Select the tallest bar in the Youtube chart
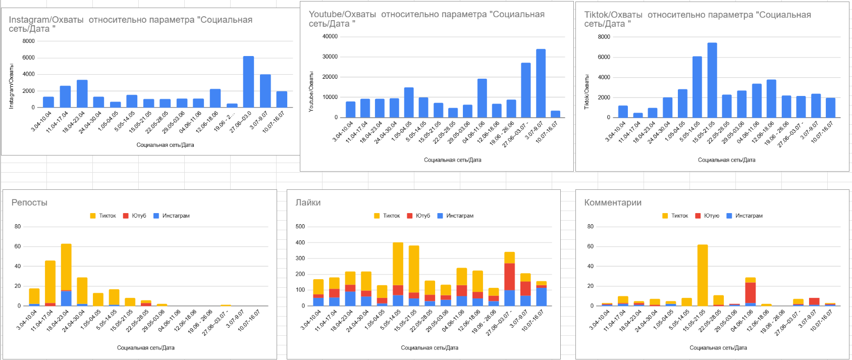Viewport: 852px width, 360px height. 541,83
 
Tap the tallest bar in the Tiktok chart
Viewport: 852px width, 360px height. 712,80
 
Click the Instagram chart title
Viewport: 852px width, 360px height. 130,24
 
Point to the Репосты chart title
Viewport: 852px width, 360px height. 29,202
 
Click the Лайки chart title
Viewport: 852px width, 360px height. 308,202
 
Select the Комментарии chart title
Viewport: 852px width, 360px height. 613,202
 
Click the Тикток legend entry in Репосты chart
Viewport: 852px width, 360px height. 103,216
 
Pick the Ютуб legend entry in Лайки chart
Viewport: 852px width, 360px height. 418,216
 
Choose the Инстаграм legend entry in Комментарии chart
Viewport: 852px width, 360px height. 744,216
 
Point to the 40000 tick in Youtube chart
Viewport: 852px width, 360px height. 330,36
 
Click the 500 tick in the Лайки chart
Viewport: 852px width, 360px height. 300,226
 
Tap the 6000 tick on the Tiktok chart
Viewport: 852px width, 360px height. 604,57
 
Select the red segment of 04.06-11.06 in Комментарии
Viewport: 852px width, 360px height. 751,292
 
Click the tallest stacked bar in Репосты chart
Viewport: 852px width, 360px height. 66,268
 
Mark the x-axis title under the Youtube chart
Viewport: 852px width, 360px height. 452,160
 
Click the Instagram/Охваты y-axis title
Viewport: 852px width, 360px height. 12,86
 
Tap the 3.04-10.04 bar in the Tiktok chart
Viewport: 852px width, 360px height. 623,112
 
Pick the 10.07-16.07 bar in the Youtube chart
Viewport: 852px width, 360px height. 555,114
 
